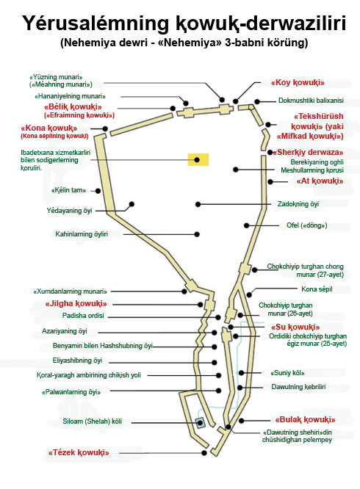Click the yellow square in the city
coord(198,159)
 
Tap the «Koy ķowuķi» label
coord(298,83)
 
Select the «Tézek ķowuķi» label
coord(79,452)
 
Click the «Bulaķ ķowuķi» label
coord(305,420)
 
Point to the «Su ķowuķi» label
coord(295,327)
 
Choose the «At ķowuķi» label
coord(320,181)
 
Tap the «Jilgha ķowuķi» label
coord(76,304)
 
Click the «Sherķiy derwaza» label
coord(308,153)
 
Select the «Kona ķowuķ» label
coord(48,128)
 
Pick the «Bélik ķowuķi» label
coord(73,107)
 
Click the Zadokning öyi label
coord(298,204)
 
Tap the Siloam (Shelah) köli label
coord(92,421)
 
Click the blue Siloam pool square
coord(200,423)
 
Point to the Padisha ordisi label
coord(83,316)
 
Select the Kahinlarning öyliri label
coord(82,234)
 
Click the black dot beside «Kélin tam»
coord(98,191)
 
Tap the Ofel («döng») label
coord(306,225)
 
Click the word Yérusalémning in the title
coord(96,23)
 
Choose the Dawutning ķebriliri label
coord(298,387)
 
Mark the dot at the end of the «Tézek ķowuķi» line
coord(204,453)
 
